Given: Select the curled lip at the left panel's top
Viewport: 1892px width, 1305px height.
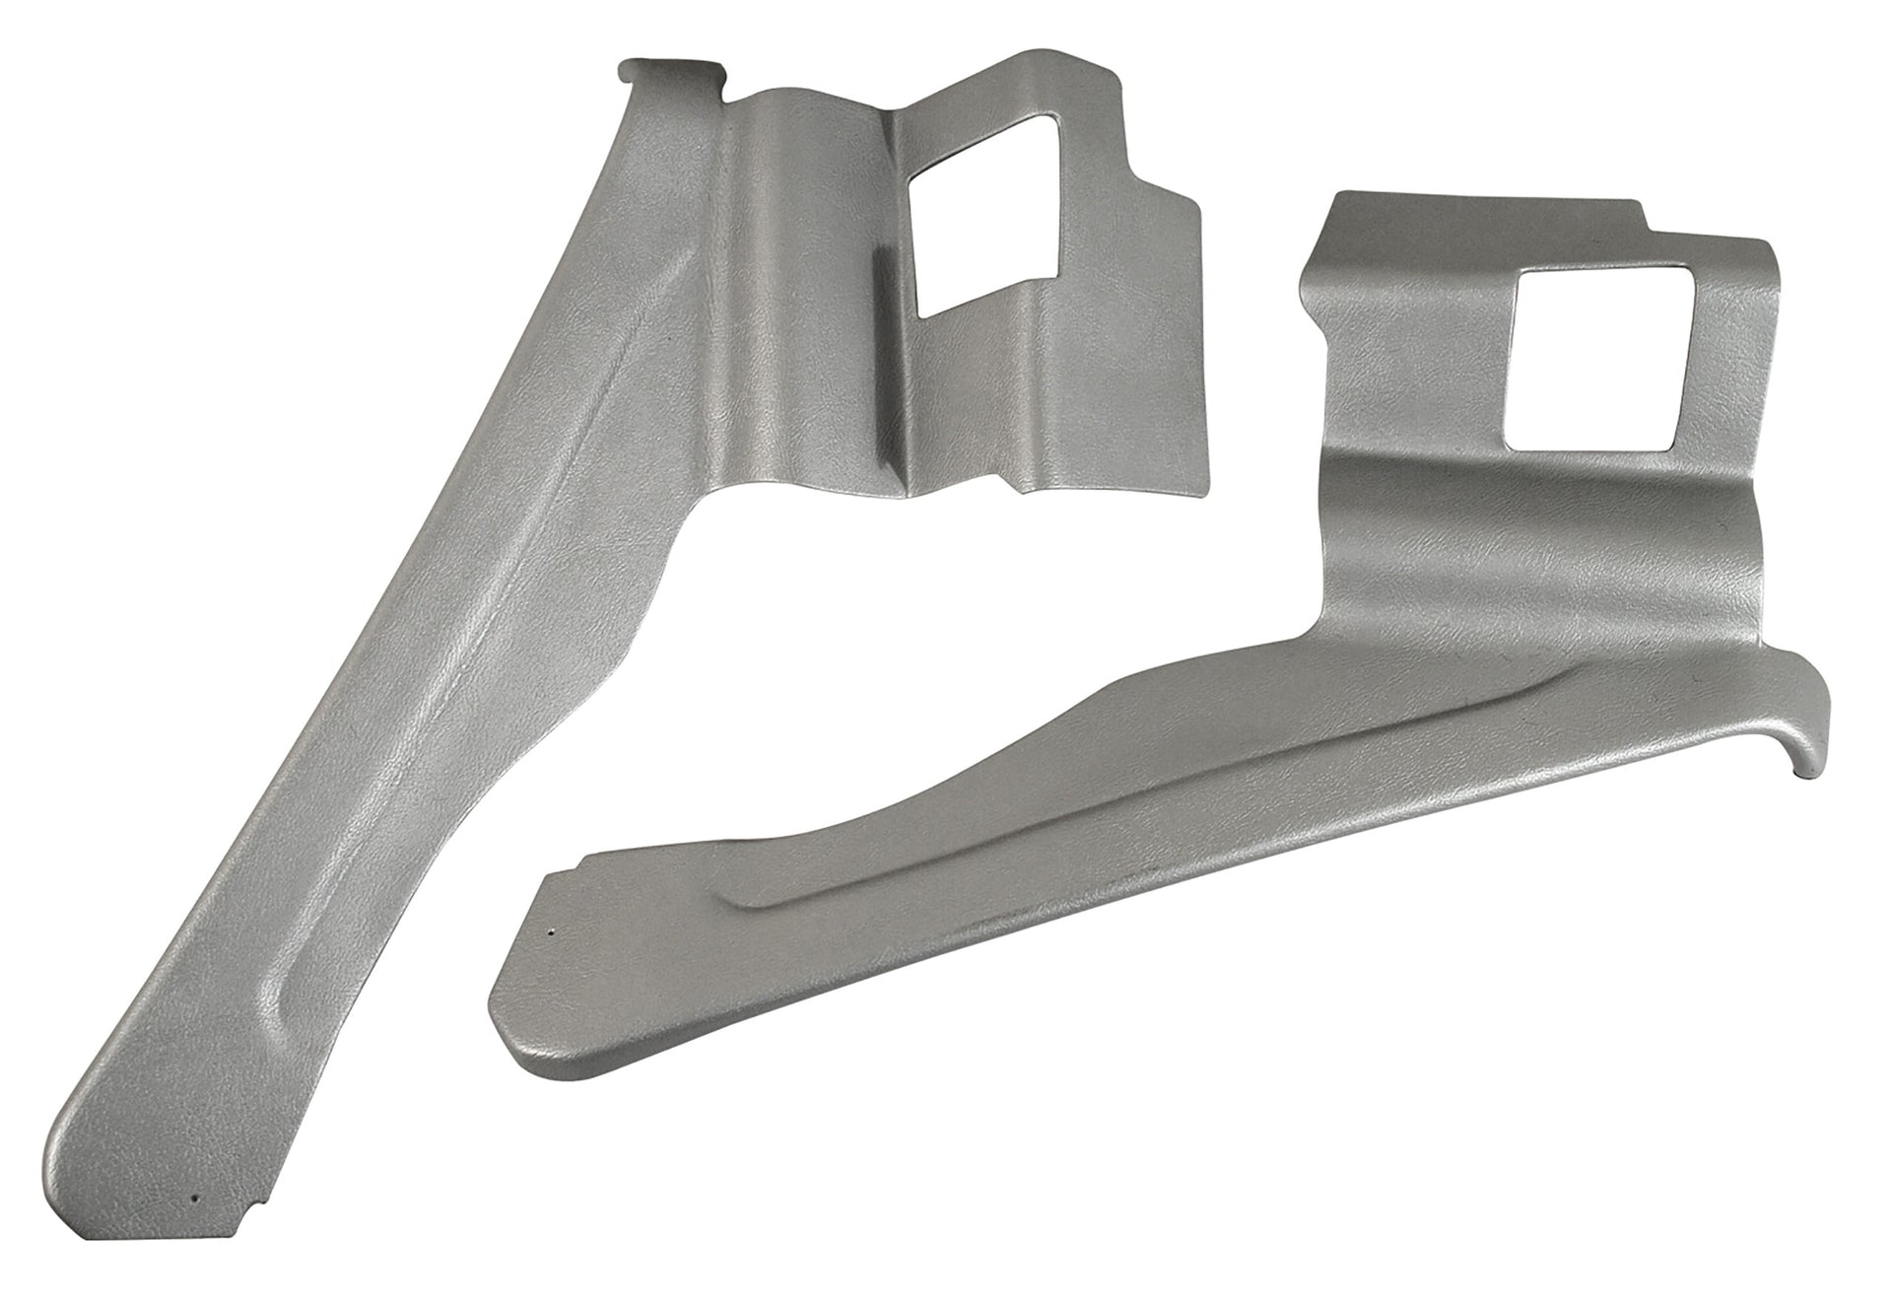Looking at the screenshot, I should [x=670, y=72].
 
